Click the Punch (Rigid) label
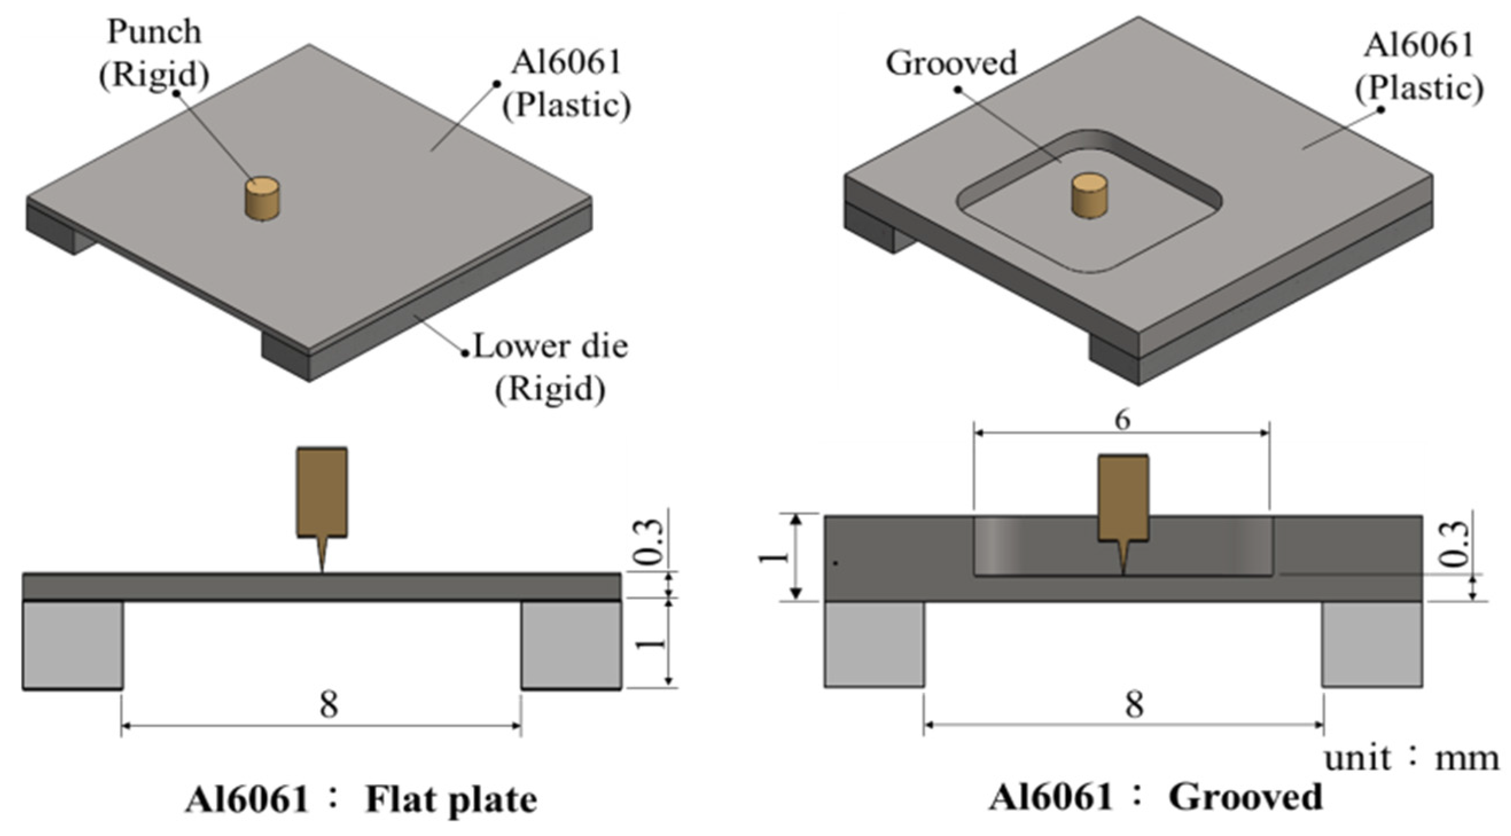154,54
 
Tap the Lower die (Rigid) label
550,368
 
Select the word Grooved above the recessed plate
951,63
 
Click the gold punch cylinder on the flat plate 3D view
261,199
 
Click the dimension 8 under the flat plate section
329,704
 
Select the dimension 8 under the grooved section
1134,704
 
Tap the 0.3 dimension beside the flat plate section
650,541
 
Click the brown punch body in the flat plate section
322,492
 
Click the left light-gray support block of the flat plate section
73,644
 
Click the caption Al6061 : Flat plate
360,799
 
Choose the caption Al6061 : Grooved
1155,797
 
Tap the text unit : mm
1411,759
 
